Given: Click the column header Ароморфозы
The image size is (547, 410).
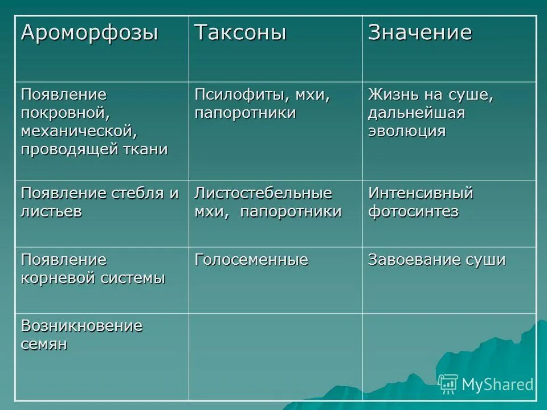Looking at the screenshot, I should tap(89, 33).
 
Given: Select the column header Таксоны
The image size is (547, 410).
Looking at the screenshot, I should tap(240, 33).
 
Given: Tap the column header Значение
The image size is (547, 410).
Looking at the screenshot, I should tap(420, 33).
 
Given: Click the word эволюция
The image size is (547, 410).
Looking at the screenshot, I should tap(406, 131).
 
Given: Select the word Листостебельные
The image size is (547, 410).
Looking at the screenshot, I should tap(263, 193).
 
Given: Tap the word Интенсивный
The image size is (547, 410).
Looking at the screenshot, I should tap(421, 193).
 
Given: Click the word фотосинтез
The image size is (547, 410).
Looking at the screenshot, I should tap(413, 212).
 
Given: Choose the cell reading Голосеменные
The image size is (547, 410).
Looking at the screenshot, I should tap(251, 260).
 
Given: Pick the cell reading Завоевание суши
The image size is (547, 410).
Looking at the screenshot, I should tap(436, 260).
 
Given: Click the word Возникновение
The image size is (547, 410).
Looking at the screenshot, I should tap(81, 326).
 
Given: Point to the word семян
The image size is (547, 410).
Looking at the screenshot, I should tap(44, 345).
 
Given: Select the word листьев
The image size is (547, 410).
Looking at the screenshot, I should tap(51, 212).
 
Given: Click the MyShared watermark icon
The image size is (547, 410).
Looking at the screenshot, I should tap(448, 384).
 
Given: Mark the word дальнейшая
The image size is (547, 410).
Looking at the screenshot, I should tap(416, 113).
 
